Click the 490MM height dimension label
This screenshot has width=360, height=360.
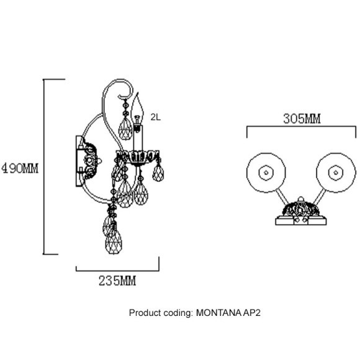(x=20, y=169)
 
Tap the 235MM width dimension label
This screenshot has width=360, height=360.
(x=117, y=281)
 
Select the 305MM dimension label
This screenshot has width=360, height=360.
(x=302, y=119)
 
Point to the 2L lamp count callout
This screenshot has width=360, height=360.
(x=156, y=117)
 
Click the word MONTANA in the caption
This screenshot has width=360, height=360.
(x=218, y=313)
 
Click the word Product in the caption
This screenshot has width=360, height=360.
(x=145, y=313)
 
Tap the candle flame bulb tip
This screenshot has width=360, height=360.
(x=138, y=93)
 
